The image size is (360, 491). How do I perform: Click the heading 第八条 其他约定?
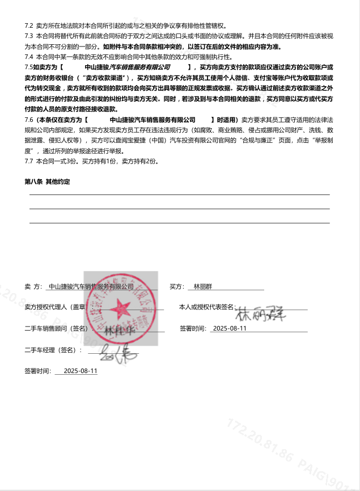[x=48, y=181]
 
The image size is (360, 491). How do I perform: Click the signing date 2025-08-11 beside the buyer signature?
[x=228, y=328]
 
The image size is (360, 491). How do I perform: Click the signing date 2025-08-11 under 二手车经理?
[x=81, y=371]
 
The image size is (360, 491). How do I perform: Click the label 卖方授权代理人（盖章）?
[x=55, y=307]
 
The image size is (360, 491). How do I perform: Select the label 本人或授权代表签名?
[x=206, y=307]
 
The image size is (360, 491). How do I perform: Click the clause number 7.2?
[x=29, y=26]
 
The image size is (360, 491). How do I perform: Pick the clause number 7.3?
[x=29, y=36]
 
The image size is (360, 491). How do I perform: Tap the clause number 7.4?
[x=29, y=57]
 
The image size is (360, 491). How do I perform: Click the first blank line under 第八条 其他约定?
[x=179, y=194]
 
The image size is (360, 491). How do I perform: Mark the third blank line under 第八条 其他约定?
[x=179, y=223]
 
